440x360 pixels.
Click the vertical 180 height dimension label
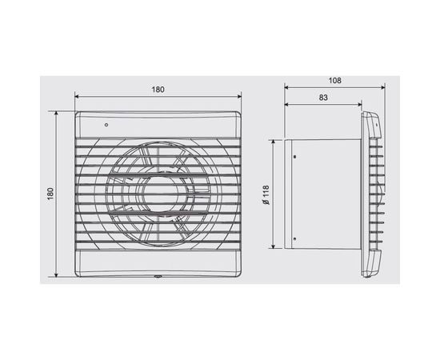pos(50,194)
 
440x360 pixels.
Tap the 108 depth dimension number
pos(335,80)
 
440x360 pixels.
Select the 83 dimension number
pos(322,98)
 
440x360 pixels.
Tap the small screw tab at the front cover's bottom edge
pos(158,278)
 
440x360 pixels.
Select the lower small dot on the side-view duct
pos(294,238)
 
